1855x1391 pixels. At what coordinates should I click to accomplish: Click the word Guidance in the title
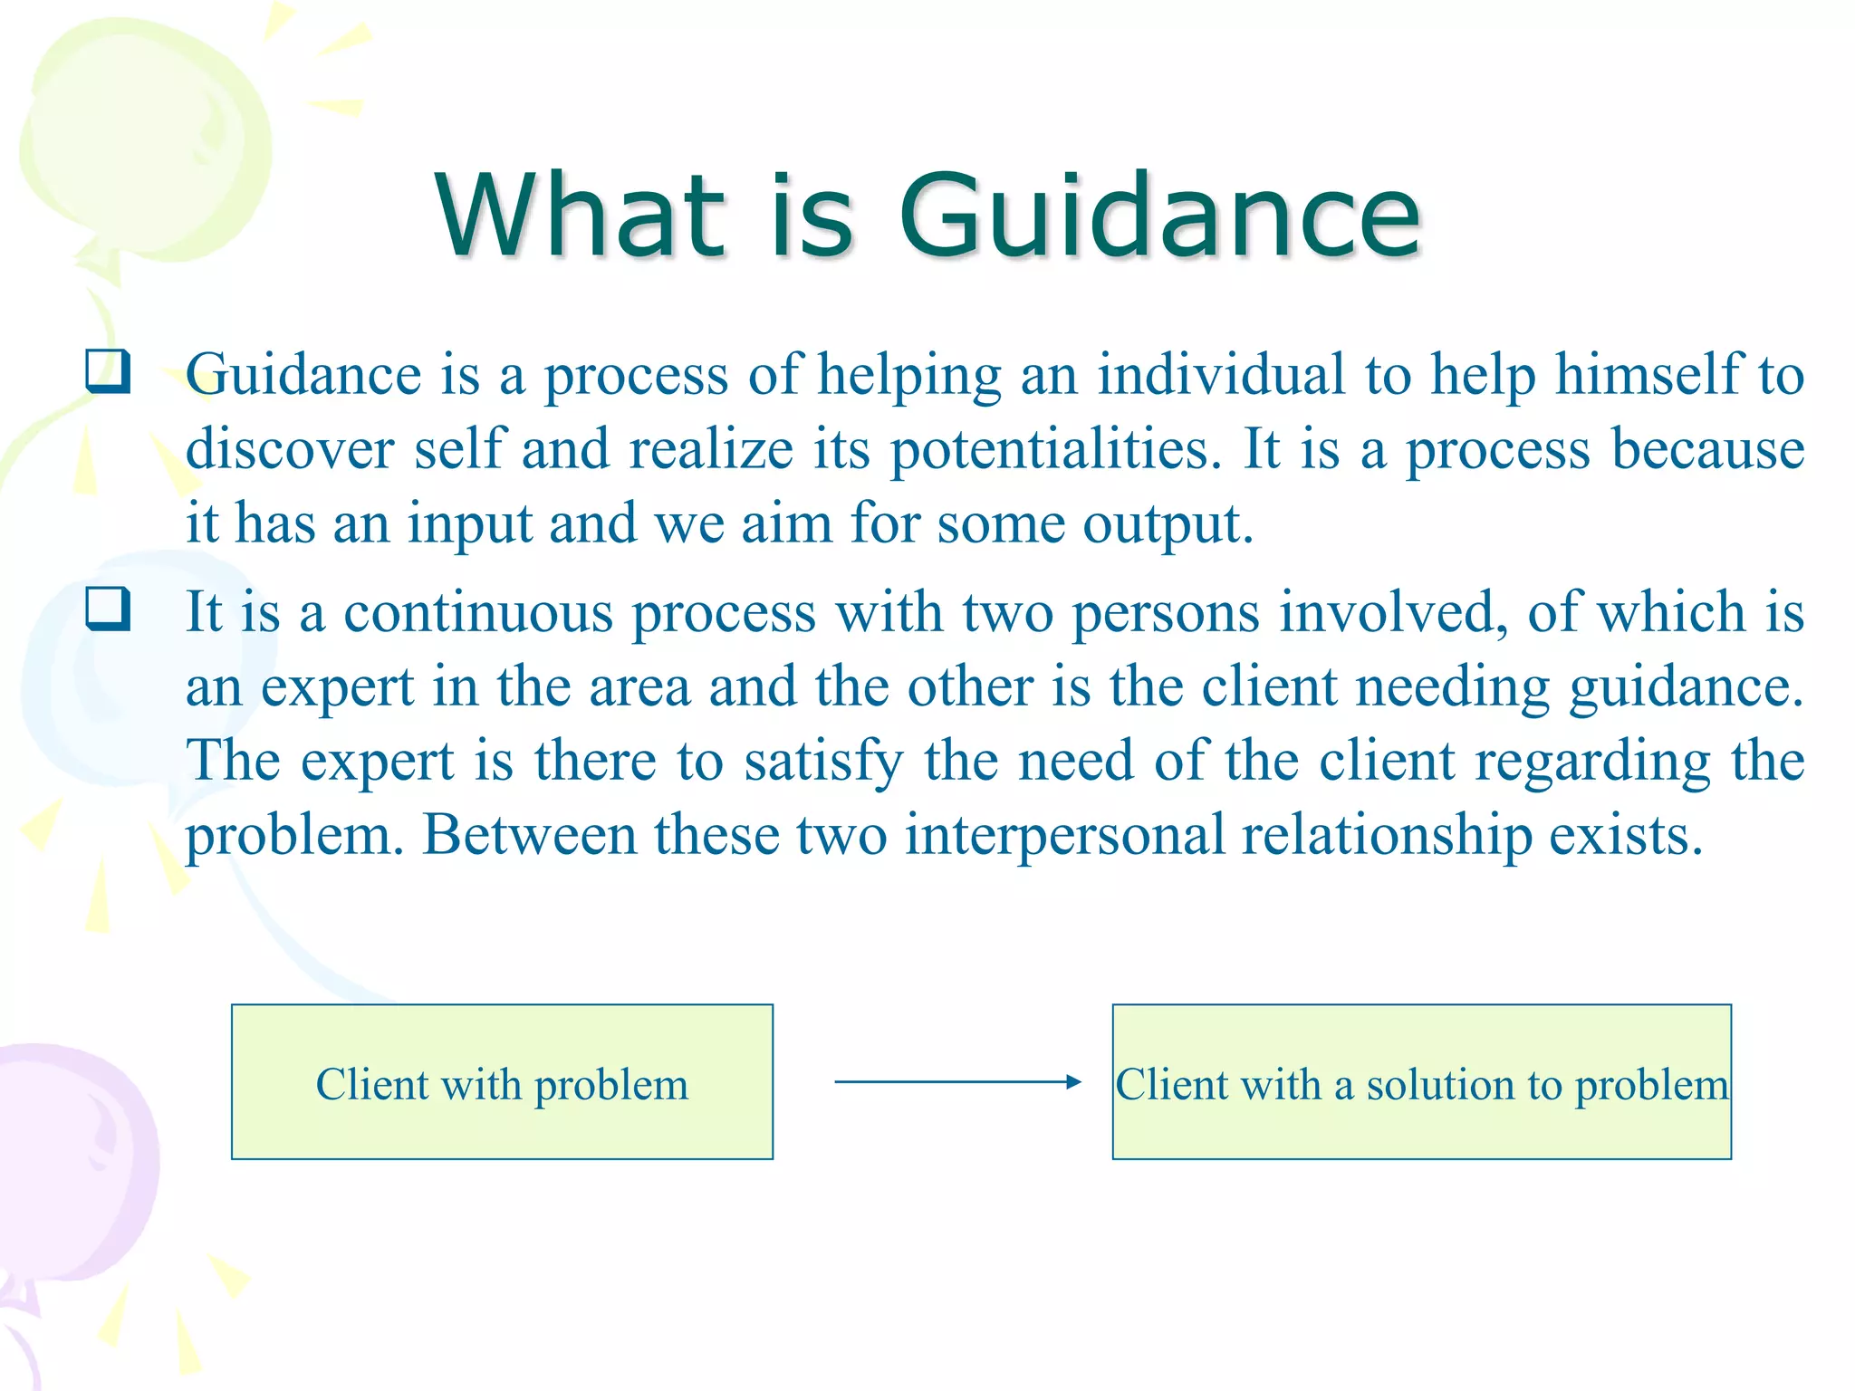click(1159, 217)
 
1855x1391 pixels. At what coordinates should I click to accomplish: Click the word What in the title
click(580, 217)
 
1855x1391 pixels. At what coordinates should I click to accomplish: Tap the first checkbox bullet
click(108, 371)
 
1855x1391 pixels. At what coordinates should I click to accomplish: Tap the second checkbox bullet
click(108, 609)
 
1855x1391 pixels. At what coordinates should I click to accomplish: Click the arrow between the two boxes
click(957, 1081)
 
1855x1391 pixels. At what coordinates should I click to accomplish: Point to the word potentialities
click(1056, 449)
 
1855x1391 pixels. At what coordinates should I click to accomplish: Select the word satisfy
click(823, 762)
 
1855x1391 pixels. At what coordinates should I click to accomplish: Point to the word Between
click(528, 835)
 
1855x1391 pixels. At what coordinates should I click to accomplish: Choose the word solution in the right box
click(1439, 1085)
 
